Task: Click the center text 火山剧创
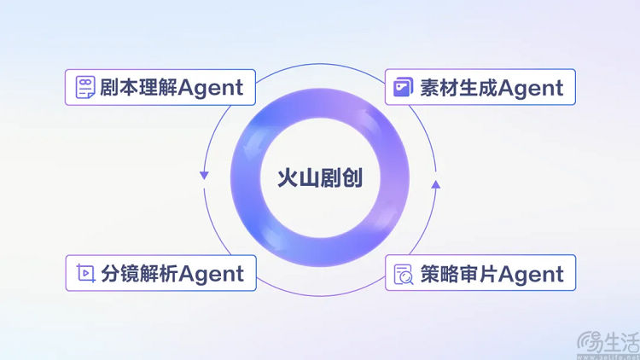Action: click(x=320, y=178)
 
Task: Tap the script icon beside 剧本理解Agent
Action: click(x=85, y=87)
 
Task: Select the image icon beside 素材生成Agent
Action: click(x=403, y=87)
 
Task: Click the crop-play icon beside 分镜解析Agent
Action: click(x=85, y=273)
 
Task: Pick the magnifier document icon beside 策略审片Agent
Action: click(x=404, y=274)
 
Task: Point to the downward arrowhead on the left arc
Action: click(x=204, y=176)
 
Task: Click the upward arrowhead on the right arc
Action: click(x=436, y=184)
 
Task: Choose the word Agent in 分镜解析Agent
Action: click(x=211, y=275)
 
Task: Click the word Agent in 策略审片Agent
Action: click(x=531, y=275)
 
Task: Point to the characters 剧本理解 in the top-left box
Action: click(x=139, y=87)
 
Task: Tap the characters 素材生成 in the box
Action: click(x=459, y=87)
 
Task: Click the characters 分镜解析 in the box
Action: click(x=140, y=274)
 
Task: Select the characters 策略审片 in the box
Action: click(x=459, y=274)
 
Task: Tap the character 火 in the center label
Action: click(x=288, y=178)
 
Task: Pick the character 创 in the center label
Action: click(x=352, y=178)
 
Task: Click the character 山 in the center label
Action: click(x=309, y=178)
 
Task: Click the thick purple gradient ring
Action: click(x=245, y=178)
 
